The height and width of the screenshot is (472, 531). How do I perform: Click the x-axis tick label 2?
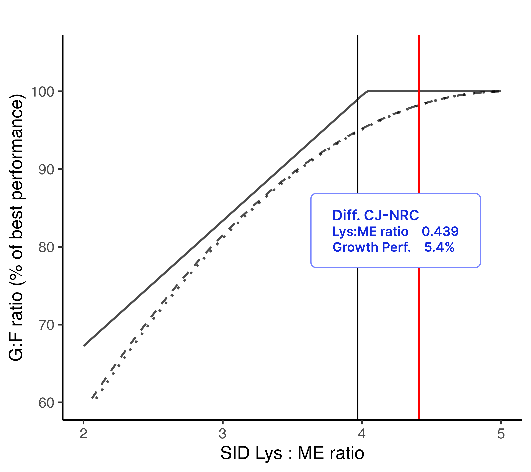point(83,434)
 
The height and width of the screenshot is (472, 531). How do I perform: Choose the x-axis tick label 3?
point(223,434)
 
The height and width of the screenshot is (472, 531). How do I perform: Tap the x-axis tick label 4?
point(362,434)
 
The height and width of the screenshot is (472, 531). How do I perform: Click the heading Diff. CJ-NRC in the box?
point(376,215)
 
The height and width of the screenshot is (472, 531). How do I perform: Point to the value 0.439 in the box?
point(440,231)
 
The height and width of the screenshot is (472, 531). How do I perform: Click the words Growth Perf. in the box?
point(372,247)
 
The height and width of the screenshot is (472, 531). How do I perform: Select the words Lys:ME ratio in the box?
point(370,231)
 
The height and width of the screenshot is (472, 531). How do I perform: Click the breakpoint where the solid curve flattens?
point(367,91)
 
